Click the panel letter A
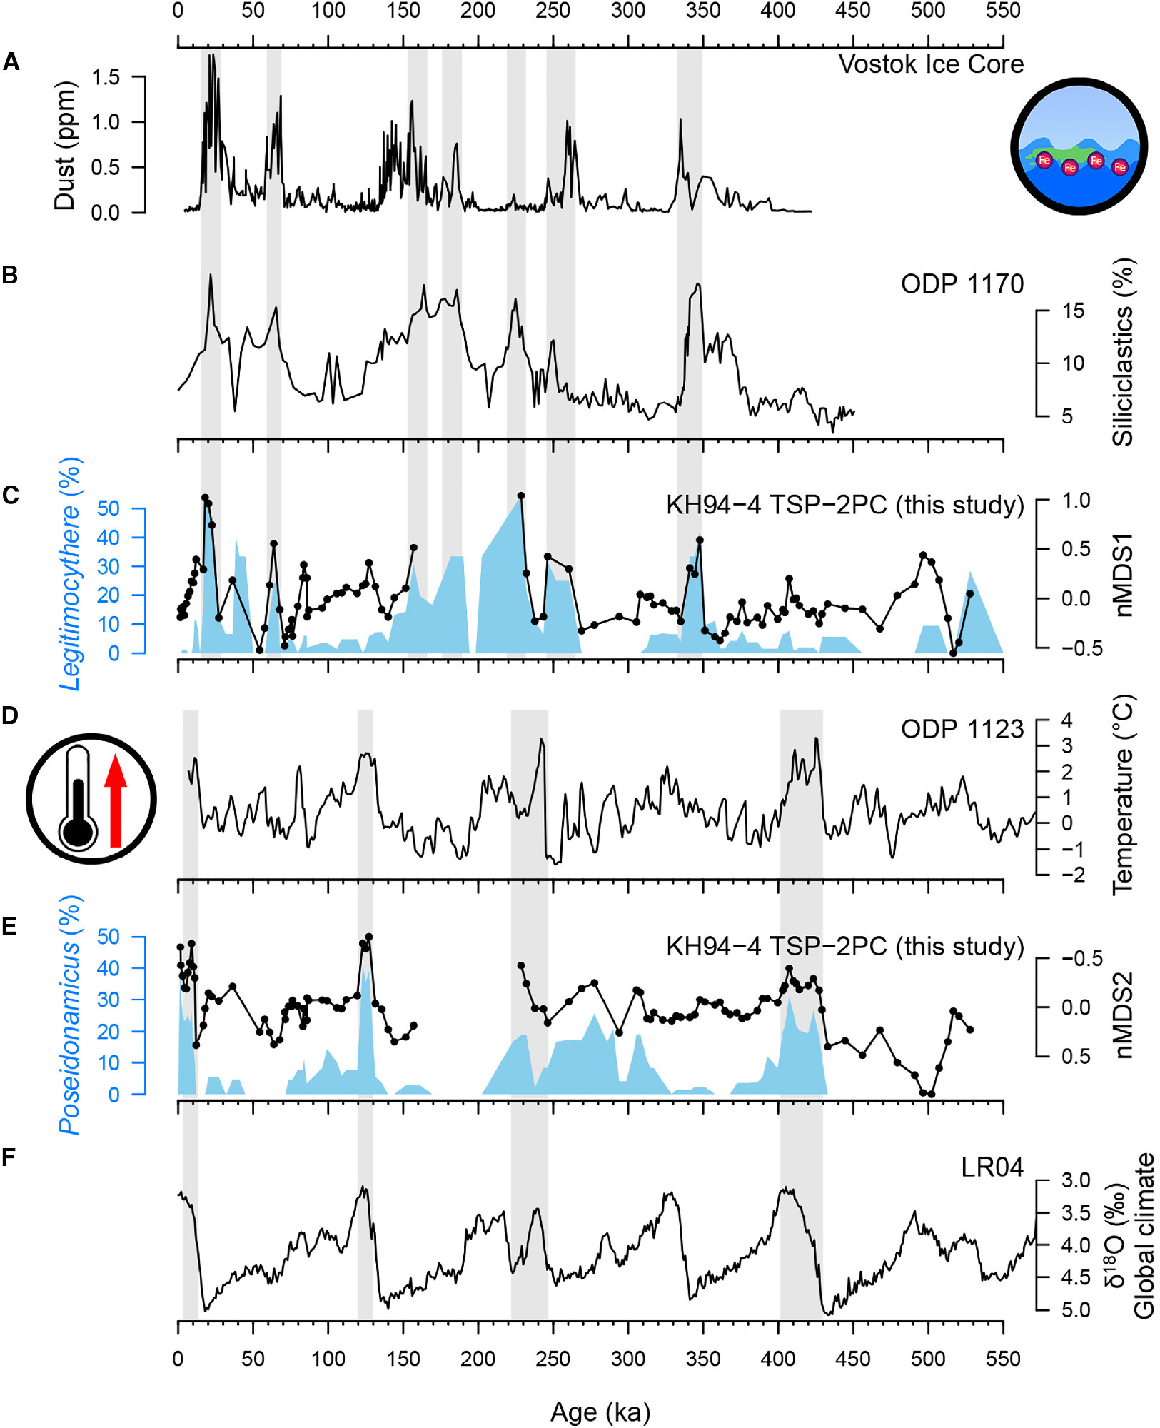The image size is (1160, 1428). pyautogui.click(x=11, y=62)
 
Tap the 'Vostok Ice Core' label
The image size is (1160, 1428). pyautogui.click(x=930, y=64)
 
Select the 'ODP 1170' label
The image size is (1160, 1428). pyautogui.click(x=962, y=284)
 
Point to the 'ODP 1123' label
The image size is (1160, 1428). pyautogui.click(x=962, y=729)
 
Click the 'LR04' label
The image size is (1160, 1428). pyautogui.click(x=992, y=1167)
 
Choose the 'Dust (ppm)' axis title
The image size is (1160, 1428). pyautogui.click(x=65, y=145)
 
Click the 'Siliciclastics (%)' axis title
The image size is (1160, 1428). pyautogui.click(x=1123, y=352)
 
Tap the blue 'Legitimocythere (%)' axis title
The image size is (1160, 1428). pyautogui.click(x=70, y=573)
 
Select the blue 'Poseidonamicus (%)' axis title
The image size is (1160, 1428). pyautogui.click(x=70, y=1015)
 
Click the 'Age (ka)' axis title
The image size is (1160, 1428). pyautogui.click(x=600, y=1412)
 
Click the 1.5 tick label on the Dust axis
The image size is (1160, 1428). pyautogui.click(x=106, y=76)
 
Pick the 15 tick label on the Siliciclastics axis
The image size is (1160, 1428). pyautogui.click(x=1073, y=311)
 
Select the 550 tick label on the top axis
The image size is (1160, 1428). pyautogui.click(x=1002, y=11)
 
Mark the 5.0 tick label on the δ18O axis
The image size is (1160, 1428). pyautogui.click(x=1075, y=1309)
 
